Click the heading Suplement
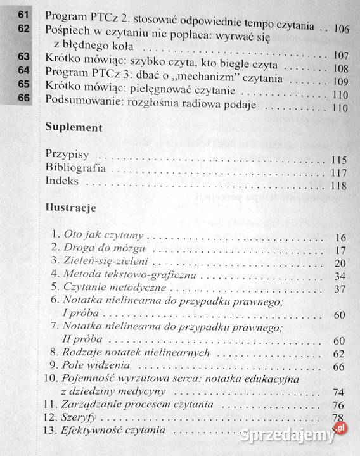tap(74, 127)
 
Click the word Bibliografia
tap(75, 170)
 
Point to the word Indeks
tap(62, 185)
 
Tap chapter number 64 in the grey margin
tap(24, 69)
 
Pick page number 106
tap(341, 30)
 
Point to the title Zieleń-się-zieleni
tap(101, 262)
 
